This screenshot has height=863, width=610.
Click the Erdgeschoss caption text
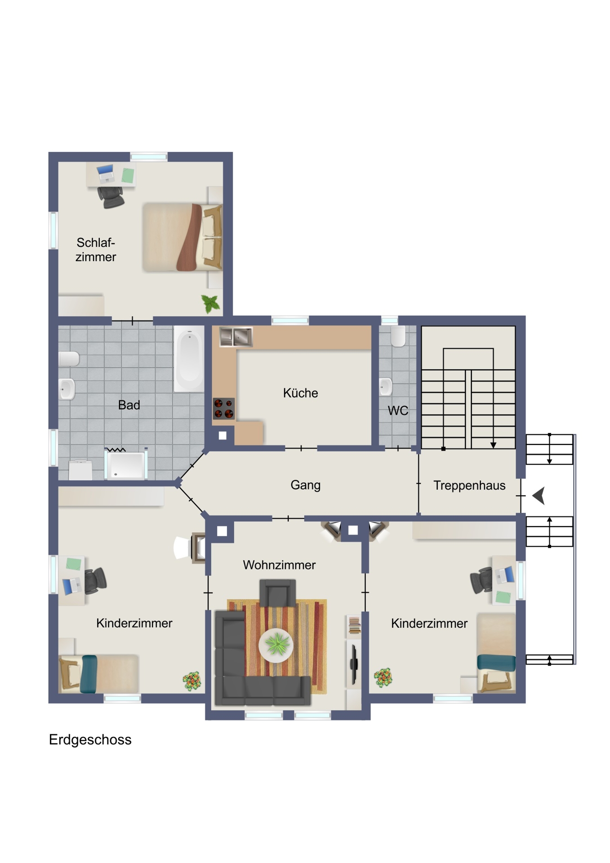coord(90,740)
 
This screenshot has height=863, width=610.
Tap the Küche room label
coord(300,393)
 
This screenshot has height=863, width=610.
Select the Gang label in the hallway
coord(305,485)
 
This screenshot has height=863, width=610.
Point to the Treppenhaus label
coord(469,485)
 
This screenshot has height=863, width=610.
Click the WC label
coord(398,410)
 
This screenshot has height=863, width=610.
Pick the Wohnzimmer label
coord(279,565)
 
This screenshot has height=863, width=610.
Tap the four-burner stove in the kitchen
coord(223,409)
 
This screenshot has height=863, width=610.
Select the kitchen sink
coord(236,337)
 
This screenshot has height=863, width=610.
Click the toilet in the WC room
coord(398,336)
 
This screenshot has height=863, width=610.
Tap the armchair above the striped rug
coord(278,593)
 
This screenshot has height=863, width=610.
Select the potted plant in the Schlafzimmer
coord(210,303)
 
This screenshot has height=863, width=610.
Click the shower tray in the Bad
coord(126,464)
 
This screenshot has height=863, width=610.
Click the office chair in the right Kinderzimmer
coord(482,580)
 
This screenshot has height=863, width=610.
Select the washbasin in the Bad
coord(67,388)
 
